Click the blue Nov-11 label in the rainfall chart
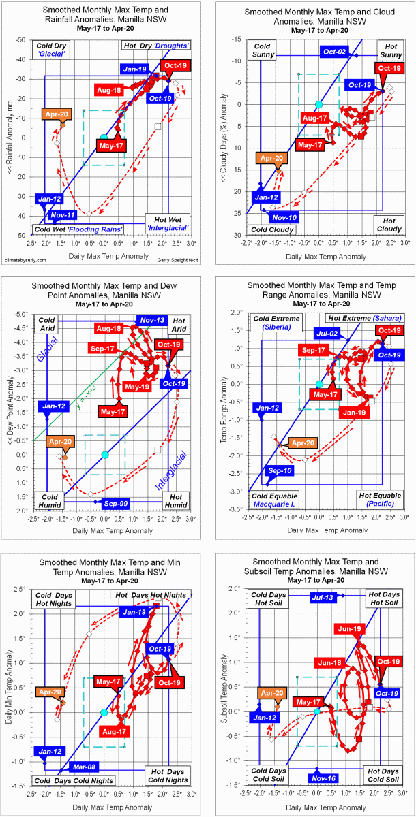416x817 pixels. click(x=62, y=216)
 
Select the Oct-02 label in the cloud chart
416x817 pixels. click(x=336, y=52)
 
